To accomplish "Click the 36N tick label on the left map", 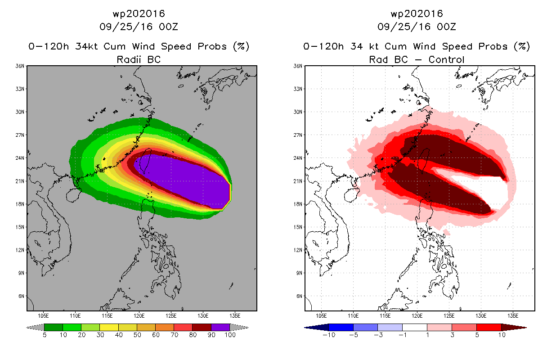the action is tap(20, 66).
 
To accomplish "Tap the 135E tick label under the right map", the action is tap(513, 316).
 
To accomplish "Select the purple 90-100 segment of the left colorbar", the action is tap(220, 327).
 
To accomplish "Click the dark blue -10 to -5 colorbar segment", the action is tap(341, 327).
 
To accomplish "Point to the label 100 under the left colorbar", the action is tap(230, 335).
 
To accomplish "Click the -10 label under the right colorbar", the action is tap(329, 335).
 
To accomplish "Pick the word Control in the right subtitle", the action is tap(446, 59).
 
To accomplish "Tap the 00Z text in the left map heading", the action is tap(168, 27).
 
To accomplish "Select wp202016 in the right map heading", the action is tap(417, 13).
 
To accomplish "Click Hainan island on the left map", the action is tap(74, 195).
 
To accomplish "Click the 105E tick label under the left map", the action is tap(43, 316).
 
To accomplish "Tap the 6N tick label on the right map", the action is tap(299, 296).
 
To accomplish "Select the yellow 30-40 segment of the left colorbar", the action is tap(109, 327).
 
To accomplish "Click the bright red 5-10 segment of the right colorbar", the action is tap(489, 327).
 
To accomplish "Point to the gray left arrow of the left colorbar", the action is tap(35, 328).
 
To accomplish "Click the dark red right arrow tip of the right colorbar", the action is tap(526, 328).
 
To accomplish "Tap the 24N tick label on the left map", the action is tap(20, 158).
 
